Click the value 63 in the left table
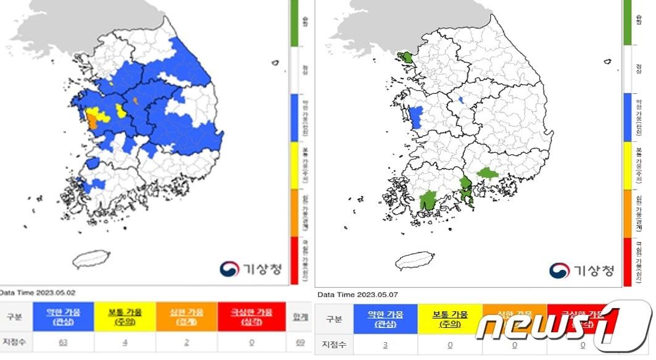(63, 341)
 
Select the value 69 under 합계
(301, 341)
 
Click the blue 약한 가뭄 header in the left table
(64, 317)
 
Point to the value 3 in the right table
(386, 345)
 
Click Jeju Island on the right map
(415, 260)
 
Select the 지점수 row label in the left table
(16, 341)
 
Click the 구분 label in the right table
(333, 319)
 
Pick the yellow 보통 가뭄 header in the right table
(449, 319)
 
